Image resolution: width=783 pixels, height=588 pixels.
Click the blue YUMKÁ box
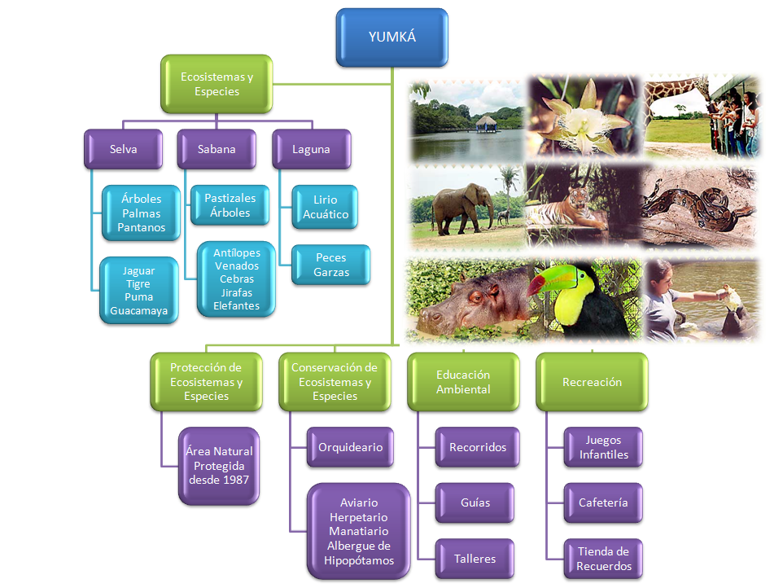392,37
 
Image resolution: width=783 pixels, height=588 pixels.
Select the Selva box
124,149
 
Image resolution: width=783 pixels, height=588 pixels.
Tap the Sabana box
217,149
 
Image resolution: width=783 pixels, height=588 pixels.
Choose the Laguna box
311,149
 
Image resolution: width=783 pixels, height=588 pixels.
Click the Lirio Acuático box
325,207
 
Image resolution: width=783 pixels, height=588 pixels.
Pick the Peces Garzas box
331,265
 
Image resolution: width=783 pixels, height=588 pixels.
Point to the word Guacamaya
139,311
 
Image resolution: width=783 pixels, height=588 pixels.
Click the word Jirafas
237,292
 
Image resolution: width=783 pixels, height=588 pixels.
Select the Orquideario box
350,447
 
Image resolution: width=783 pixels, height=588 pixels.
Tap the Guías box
475,502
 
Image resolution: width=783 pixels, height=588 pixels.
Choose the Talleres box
475,559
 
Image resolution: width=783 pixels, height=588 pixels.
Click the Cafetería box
603,502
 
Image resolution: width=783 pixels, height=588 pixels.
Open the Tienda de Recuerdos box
603,559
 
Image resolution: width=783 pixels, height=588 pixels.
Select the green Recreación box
592,382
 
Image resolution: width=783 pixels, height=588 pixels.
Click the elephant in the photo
462,208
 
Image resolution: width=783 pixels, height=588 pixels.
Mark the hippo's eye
475,298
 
